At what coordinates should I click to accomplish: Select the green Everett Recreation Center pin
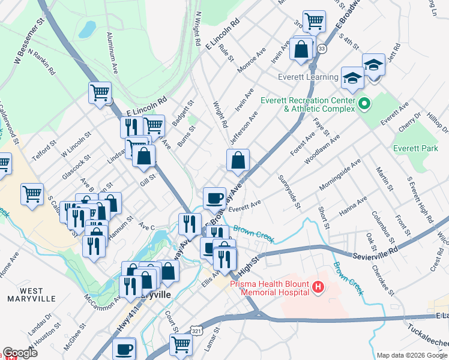(363, 105)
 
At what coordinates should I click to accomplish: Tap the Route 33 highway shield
(322, 49)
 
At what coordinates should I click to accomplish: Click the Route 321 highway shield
(196, 331)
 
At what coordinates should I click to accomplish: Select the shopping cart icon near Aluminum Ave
(100, 94)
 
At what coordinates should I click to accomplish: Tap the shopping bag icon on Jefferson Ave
(238, 160)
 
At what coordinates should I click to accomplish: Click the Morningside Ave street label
(340, 175)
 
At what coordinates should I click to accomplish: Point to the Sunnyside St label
(289, 193)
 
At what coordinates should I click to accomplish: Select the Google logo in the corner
(19, 353)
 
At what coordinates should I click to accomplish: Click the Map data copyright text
(412, 355)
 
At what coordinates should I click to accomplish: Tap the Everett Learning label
(308, 77)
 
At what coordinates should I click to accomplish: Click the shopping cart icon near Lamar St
(180, 345)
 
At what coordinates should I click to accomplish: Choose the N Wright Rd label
(197, 30)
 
